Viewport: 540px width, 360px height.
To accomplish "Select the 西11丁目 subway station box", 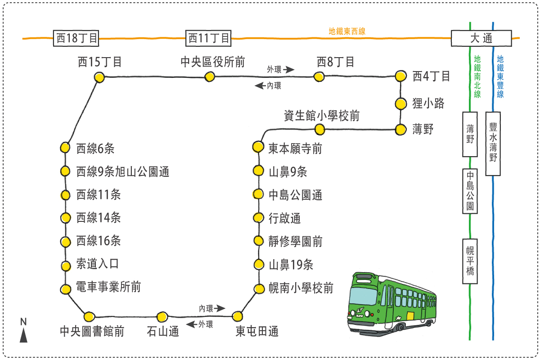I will [208, 38].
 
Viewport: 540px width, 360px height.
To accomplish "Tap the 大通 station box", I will [481, 38].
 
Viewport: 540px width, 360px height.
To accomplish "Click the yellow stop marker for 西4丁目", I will [400, 76].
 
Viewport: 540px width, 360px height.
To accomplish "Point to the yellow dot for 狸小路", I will [400, 104].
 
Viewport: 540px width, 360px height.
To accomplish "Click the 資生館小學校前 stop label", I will [322, 116].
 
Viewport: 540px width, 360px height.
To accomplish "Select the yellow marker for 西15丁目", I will [99, 78].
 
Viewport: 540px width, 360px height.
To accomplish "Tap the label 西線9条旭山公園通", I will [123, 171].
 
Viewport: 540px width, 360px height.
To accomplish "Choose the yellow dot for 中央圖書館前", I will [90, 316].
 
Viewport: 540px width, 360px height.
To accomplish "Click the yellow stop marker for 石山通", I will [162, 316].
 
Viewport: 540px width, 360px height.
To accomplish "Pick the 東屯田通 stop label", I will [257, 332].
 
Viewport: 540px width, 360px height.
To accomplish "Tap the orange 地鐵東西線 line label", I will [347, 31].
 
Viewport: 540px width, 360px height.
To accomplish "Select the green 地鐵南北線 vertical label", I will [477, 76].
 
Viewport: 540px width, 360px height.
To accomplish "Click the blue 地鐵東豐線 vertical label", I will [500, 76].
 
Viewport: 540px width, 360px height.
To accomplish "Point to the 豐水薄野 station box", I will [493, 144].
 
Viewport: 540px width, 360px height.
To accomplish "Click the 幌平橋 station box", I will [470, 261].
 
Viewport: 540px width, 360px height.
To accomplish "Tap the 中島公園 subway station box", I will [470, 191].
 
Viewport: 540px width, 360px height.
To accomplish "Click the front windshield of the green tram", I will [363, 297].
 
